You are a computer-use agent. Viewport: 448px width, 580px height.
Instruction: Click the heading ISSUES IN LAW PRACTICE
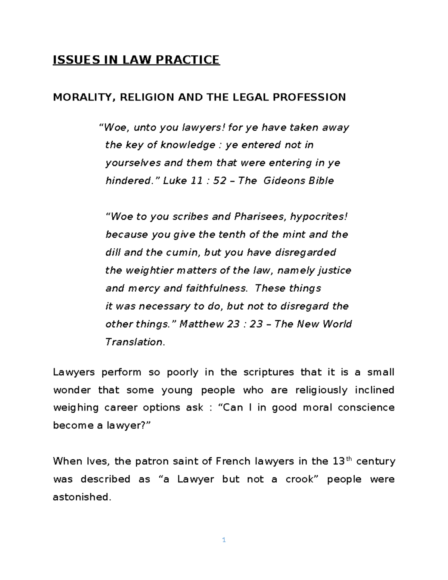coord(136,60)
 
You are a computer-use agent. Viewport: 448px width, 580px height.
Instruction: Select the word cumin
coord(183,252)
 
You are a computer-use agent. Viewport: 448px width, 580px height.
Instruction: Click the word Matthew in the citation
coord(202,324)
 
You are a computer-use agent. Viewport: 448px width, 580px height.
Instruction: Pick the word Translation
coord(135,342)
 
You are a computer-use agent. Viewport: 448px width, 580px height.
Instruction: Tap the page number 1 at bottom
coord(224,540)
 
